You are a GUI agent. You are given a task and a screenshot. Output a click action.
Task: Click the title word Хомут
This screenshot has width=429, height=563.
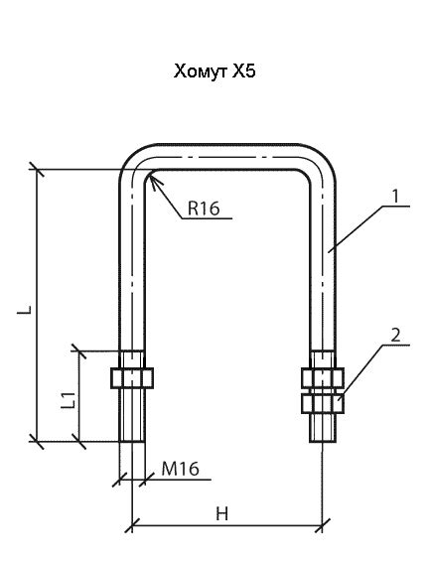point(201,71)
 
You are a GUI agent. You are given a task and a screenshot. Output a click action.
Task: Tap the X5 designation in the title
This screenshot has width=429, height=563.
point(243,71)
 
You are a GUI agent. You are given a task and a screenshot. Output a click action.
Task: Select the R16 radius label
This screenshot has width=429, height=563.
point(204,209)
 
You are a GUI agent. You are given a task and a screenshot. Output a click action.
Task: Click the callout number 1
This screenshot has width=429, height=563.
point(395,197)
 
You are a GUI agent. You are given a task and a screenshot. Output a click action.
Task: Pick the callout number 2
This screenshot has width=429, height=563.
point(395,336)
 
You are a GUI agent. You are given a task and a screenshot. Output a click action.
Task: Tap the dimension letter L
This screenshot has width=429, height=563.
point(25,310)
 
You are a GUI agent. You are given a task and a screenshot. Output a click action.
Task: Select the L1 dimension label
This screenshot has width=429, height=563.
point(69,400)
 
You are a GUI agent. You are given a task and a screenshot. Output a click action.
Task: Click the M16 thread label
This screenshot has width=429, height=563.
point(180,469)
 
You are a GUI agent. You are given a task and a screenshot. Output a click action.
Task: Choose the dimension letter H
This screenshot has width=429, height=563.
point(222,513)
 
